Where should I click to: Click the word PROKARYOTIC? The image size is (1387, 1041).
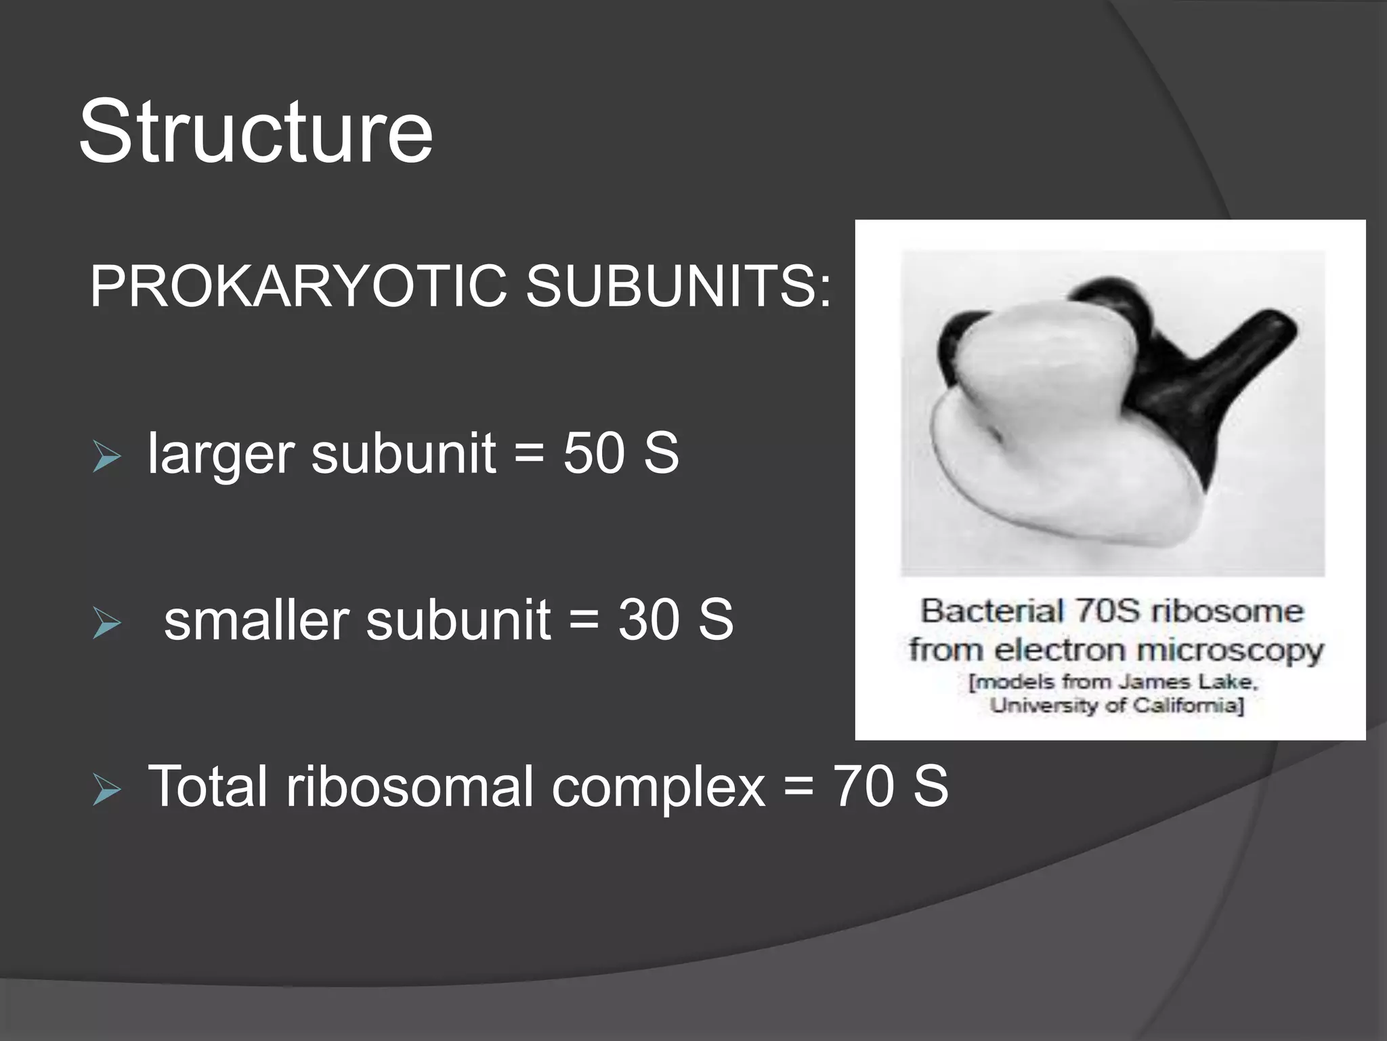coord(298,287)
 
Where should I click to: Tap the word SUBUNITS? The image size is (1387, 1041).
coord(678,287)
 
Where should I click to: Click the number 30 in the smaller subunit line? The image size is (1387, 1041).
coord(648,619)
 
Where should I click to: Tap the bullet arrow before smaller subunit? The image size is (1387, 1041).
coord(106,623)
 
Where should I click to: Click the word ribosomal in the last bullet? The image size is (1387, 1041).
coord(410,786)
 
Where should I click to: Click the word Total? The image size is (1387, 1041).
coord(207,786)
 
